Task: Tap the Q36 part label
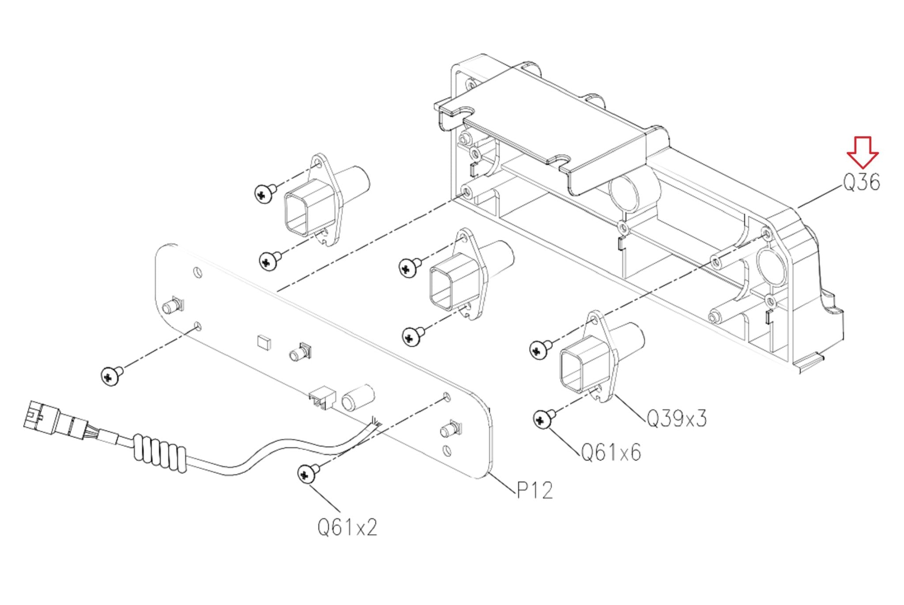click(x=861, y=182)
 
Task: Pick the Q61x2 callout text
click(x=347, y=527)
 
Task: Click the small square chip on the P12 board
click(x=264, y=342)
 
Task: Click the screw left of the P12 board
click(x=112, y=375)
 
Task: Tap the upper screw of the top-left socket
click(x=265, y=193)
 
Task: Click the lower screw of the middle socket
click(x=413, y=336)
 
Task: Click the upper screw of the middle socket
click(x=410, y=267)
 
